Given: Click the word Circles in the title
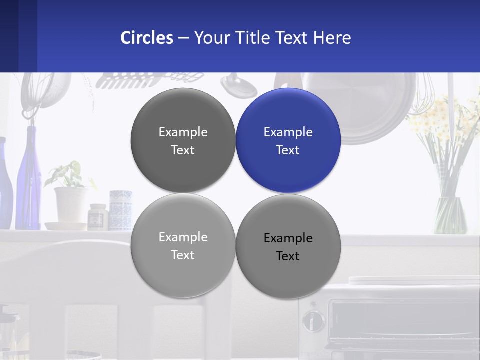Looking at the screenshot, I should point(147,38).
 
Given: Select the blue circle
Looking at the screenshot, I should point(288,140).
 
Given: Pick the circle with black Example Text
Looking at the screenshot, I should point(288,246).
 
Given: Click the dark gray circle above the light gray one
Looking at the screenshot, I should point(183,140).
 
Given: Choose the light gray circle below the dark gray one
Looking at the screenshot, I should point(183,245).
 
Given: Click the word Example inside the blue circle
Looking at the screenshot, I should point(288,132).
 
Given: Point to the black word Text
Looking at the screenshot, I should point(288,256).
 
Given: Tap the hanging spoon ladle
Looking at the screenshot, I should point(239,86).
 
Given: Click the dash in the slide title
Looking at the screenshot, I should point(183,38).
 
